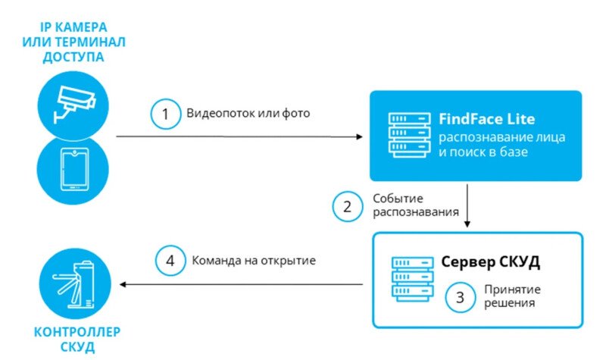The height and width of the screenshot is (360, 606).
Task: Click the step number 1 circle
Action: pyautogui.click(x=164, y=115)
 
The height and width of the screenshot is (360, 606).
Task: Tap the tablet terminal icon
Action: pyautogui.click(x=73, y=170)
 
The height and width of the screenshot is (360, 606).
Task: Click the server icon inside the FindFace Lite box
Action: pyautogui.click(x=406, y=136)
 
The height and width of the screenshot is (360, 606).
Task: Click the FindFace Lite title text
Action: pyautogui.click(x=486, y=119)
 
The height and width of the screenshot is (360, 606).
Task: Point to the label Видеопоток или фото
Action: pyautogui.click(x=248, y=114)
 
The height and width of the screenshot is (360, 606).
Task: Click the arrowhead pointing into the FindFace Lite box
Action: pyautogui.click(x=358, y=137)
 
